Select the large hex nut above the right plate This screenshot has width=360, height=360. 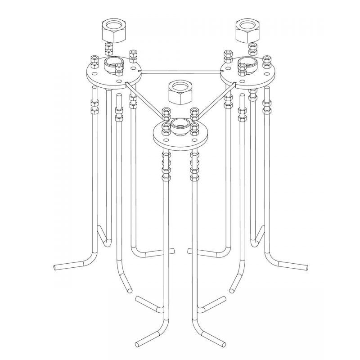247,31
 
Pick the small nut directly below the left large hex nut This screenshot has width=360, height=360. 108,48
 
